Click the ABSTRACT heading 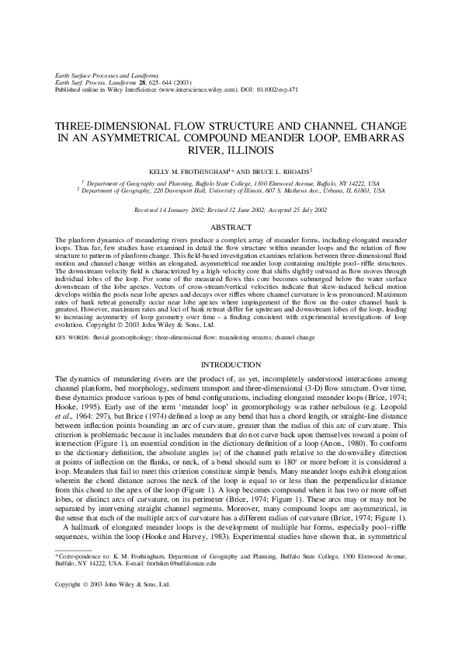coord(231,227)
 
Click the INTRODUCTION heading coord(231,364)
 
